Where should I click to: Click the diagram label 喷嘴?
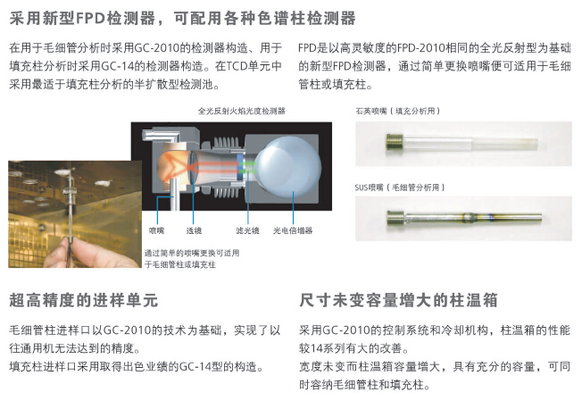pos(156,230)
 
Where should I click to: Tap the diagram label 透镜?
pos(194,230)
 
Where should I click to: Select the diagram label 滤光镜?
pos(247,230)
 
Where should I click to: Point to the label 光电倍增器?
pos(293,230)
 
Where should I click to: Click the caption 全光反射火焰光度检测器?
pos(242,111)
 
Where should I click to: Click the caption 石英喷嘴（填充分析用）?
pos(398,111)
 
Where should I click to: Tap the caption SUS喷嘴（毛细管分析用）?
pos(400,188)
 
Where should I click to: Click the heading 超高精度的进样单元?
pos(84,300)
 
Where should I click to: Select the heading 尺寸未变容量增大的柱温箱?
pos(398,300)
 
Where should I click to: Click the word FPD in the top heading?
pos(90,18)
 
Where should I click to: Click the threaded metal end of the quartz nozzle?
pos(395,142)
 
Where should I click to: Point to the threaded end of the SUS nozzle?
pos(395,218)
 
